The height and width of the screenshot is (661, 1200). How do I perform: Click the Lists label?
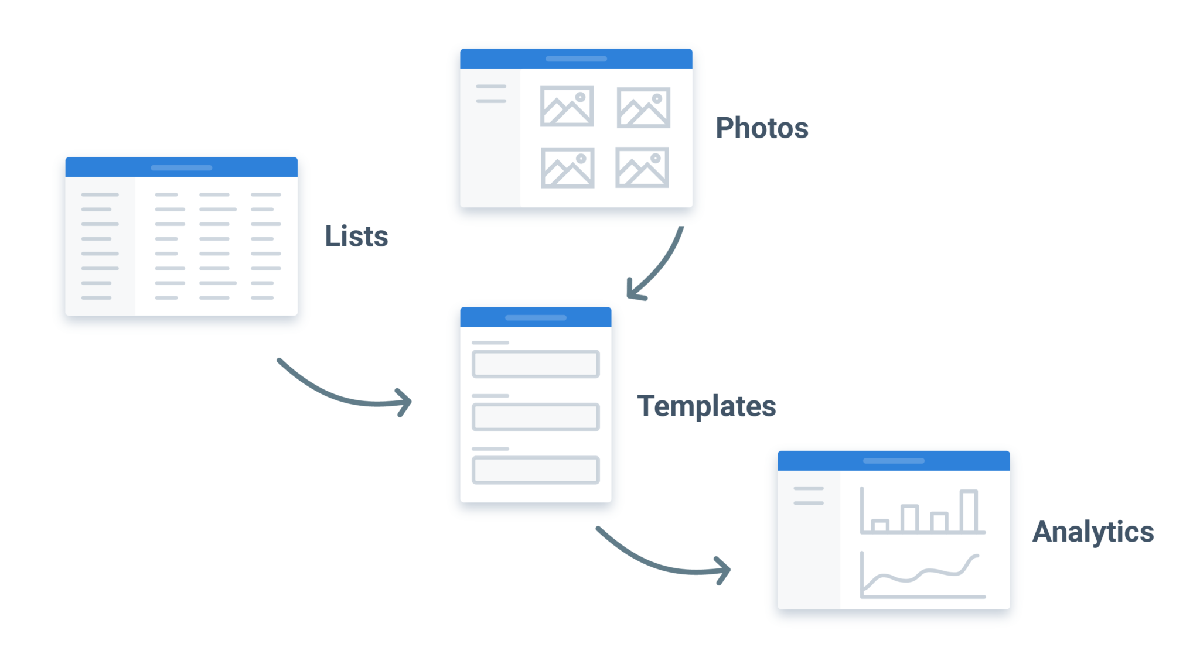coord(356,237)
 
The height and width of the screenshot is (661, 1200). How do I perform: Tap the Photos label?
coord(762,128)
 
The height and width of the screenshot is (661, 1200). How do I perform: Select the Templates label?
coord(707,406)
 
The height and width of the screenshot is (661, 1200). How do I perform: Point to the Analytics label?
coord(1093,532)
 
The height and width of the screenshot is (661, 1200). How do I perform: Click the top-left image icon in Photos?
coord(567,107)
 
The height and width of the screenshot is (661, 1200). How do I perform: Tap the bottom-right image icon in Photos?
coord(642,167)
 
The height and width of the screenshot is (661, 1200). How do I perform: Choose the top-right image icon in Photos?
coord(643,108)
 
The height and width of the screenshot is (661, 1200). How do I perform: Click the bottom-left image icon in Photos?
coord(567,168)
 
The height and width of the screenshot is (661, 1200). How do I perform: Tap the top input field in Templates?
coord(536,364)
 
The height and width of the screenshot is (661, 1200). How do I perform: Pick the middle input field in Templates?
coord(536,417)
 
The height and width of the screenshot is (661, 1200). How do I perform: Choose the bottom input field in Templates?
coord(536,470)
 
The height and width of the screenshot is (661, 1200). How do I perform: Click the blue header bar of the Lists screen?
coord(181,167)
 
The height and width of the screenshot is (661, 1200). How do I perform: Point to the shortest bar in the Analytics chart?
coord(880,525)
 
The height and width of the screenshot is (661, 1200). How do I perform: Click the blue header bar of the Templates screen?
coord(536,317)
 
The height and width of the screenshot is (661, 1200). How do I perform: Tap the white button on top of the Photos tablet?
coord(522,45)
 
